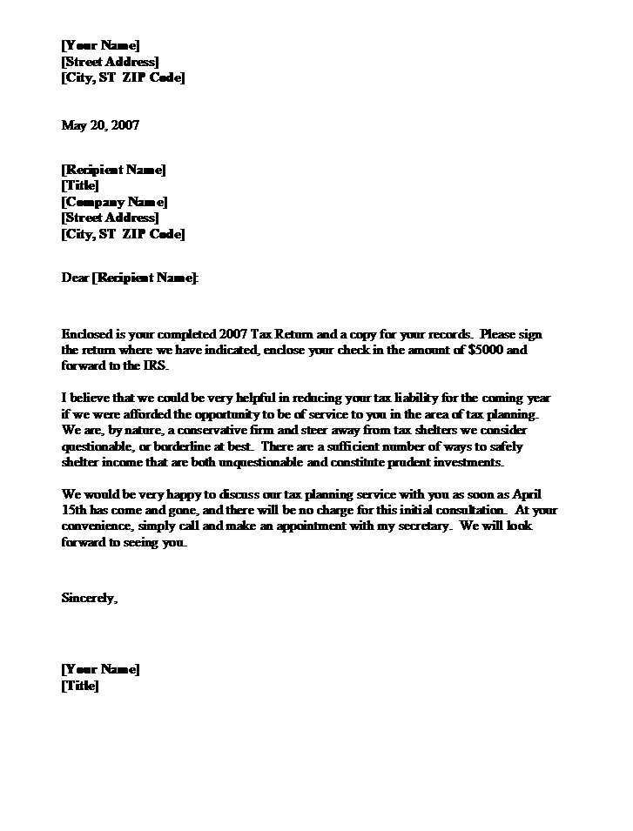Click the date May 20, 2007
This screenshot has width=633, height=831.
point(99,125)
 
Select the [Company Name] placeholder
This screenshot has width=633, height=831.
point(113,202)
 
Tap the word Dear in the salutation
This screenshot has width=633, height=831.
point(76,278)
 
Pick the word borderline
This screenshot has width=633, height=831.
point(172,446)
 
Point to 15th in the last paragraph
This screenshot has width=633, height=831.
point(75,512)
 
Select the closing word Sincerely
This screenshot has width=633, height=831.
point(88,598)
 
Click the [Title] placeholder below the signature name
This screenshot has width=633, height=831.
point(80,686)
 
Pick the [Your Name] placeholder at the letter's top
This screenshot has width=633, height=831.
point(100,45)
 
